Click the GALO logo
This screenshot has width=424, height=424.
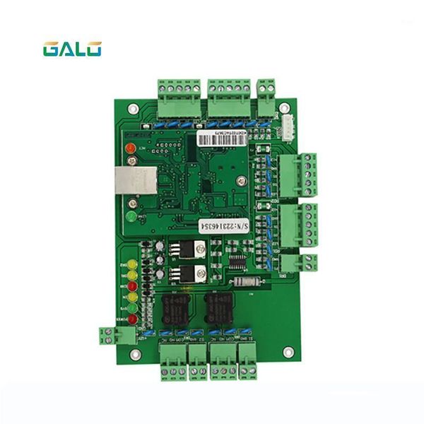[72, 49]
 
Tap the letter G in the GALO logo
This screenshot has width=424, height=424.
[51, 49]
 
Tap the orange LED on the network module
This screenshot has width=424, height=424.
[131, 149]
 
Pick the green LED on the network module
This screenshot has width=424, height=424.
[131, 215]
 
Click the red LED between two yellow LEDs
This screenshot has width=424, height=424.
[131, 286]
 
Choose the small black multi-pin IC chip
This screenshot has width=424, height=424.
[239, 263]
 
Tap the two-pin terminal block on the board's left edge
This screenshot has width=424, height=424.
[108, 335]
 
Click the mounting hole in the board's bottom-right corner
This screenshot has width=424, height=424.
[287, 351]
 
